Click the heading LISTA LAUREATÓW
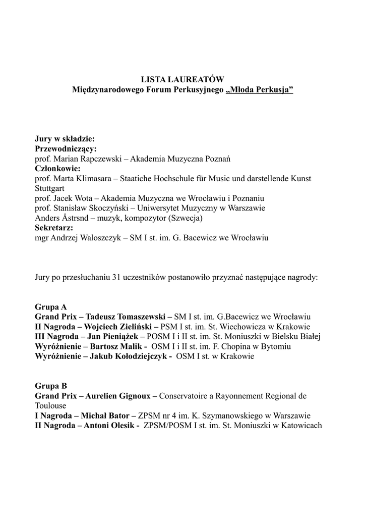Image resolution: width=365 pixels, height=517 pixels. pyautogui.click(x=182, y=79)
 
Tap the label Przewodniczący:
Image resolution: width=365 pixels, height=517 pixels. pyautogui.click(x=66, y=149)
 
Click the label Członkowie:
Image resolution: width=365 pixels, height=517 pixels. pyautogui.click(x=57, y=169)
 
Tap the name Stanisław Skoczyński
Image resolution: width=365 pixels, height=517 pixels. pyautogui.click(x=90, y=208)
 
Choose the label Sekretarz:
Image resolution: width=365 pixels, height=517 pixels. pyautogui.click(x=54, y=228)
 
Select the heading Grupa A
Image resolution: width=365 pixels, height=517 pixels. pyautogui.click(x=51, y=306)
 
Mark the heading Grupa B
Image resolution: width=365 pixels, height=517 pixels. pyautogui.click(x=51, y=386)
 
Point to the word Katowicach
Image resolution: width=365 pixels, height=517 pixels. pyautogui.click(x=300, y=425)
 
